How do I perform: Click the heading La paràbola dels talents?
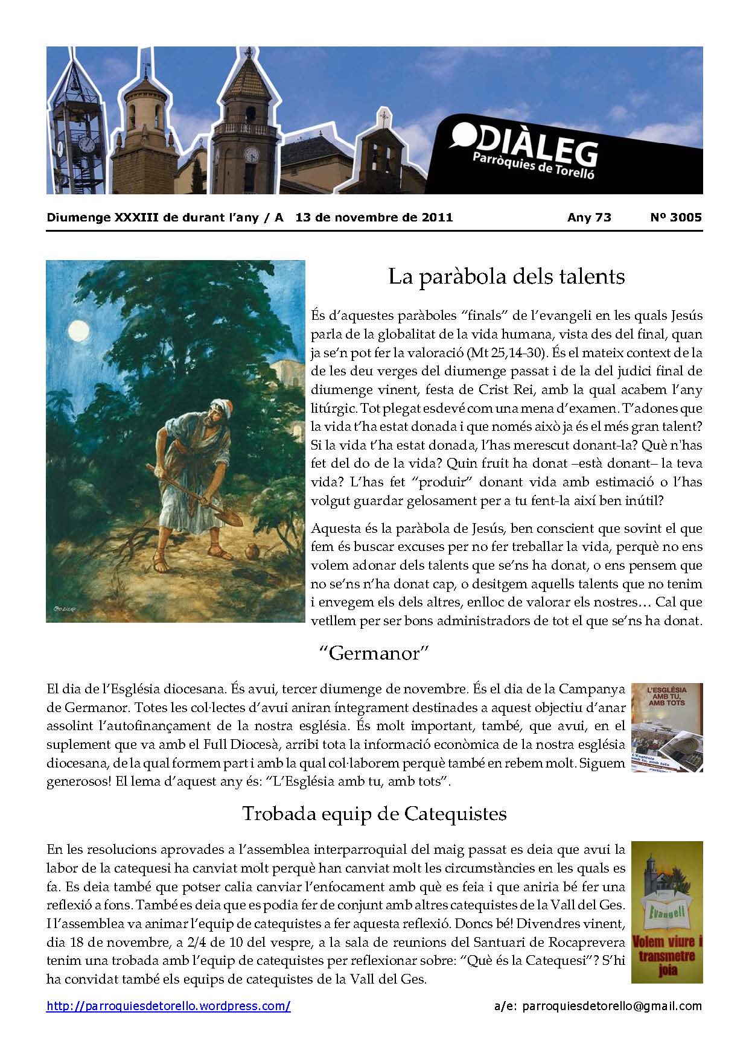pyautogui.click(x=506, y=276)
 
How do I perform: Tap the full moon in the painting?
pyautogui.click(x=78, y=331)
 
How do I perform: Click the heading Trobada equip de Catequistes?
pyautogui.click(x=374, y=813)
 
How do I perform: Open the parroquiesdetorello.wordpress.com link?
pyautogui.click(x=168, y=1006)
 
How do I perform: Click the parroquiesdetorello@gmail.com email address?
pyautogui.click(x=612, y=1006)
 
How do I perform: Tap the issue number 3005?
pyautogui.click(x=684, y=218)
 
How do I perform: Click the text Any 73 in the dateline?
pyautogui.click(x=589, y=218)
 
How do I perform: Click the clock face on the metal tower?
pyautogui.click(x=88, y=144)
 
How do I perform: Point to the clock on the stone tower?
pyautogui.click(x=251, y=155)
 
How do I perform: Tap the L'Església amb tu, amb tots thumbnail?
pyautogui.click(x=667, y=727)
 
